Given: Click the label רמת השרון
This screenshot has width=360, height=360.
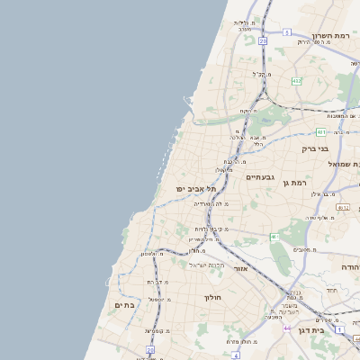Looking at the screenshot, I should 329,35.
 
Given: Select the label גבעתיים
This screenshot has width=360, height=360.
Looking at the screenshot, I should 263,177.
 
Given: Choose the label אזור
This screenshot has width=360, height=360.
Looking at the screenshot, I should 240,268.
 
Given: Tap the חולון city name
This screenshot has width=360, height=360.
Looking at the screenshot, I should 212,296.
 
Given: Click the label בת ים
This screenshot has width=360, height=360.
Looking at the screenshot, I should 125,305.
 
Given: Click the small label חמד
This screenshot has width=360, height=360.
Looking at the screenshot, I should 331,290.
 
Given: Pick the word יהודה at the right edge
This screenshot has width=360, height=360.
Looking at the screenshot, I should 349,267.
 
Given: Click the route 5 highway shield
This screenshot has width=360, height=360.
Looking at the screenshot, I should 286,31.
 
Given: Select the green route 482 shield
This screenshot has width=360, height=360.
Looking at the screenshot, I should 295,81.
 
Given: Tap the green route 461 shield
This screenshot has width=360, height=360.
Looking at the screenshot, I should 274,237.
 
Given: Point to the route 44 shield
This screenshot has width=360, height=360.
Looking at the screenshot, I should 287,328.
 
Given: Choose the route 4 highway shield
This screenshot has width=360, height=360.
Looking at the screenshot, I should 235,355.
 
